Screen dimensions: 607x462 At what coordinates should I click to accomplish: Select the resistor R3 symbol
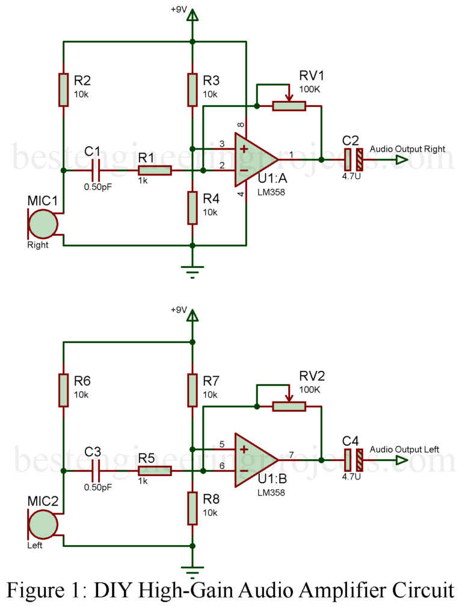[x=192, y=90]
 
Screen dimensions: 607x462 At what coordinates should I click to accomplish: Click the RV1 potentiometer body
[x=289, y=106]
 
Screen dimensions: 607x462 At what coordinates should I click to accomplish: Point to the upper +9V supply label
[x=179, y=10]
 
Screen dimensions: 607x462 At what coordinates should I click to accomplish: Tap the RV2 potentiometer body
[x=289, y=407]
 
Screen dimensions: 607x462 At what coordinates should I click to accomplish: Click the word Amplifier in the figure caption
[x=329, y=590]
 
